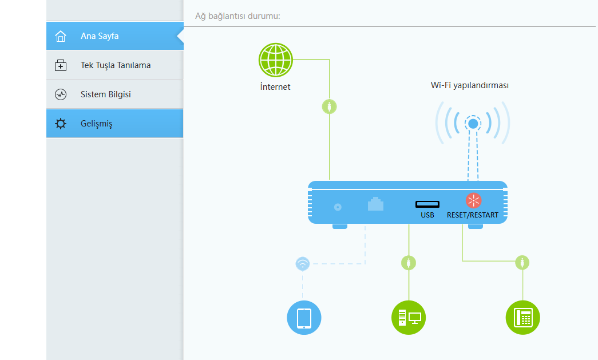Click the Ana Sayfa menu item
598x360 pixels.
pos(100,36)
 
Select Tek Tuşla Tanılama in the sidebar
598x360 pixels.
pos(116,65)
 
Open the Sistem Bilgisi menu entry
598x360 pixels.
pos(105,94)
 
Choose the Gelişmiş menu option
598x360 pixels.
pos(96,124)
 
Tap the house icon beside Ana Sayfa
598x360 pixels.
pos(61,37)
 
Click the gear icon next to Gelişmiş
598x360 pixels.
pos(61,124)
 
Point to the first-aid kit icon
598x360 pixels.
pos(61,66)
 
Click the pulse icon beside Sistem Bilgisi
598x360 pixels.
pos(61,94)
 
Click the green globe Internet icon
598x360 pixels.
pos(276,60)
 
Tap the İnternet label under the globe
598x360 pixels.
pos(275,87)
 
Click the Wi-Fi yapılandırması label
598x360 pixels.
pos(470,85)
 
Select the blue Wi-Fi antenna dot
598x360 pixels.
pos(473,123)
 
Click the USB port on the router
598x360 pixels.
pos(427,204)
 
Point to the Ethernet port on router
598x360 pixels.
pos(375,204)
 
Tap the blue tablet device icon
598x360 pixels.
pos(304,317)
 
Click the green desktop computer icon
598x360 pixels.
pos(409,317)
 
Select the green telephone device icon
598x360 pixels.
pos(523,317)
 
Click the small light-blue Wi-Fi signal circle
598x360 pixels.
pos(303,263)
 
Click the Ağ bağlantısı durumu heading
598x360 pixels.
pos(238,16)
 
